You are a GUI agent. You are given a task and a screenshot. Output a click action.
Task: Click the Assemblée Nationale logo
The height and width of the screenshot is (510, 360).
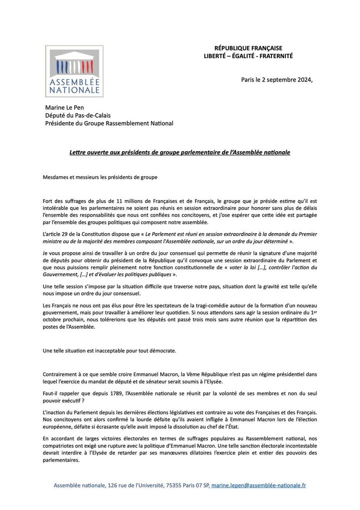click(x=74, y=71)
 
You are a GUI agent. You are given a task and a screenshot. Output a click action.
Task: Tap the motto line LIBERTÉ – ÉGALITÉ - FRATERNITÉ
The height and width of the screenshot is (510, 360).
click(x=248, y=56)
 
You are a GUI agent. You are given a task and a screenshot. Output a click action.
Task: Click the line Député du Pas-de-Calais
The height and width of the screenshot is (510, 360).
click(x=77, y=116)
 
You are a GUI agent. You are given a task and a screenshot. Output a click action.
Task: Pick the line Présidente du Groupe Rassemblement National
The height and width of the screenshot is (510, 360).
click(x=109, y=123)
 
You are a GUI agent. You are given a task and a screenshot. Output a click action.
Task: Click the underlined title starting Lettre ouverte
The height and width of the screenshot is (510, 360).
click(x=179, y=151)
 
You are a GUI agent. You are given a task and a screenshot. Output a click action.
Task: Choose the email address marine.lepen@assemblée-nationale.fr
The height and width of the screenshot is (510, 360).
click(x=258, y=485)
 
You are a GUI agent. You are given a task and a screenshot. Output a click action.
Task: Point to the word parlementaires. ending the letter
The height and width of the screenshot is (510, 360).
click(x=61, y=461)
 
